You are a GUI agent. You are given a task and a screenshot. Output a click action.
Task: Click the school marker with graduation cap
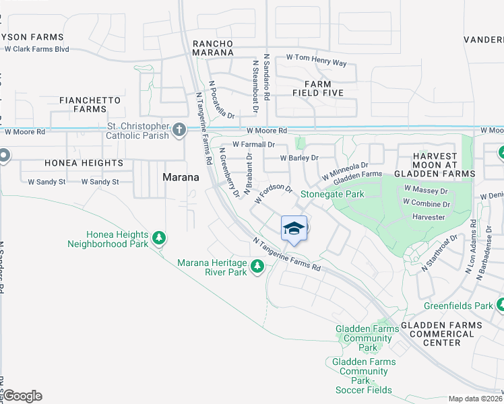click(294, 228)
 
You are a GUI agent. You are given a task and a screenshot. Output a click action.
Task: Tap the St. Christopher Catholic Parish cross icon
click(179, 129)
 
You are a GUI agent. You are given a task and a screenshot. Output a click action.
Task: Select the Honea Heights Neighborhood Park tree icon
click(158, 237)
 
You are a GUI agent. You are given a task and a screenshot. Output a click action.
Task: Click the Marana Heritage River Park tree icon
click(257, 267)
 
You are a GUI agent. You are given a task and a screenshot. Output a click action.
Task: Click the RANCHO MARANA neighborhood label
click(213, 48)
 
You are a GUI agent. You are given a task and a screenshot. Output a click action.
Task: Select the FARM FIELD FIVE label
click(318, 88)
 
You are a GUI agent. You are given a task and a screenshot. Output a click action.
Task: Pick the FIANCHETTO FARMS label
click(90, 104)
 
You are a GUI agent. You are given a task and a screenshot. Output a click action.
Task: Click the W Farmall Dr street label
click(253, 144)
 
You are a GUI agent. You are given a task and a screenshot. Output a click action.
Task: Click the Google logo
click(22, 396)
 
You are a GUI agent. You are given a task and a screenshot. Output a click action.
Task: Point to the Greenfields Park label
click(458, 306)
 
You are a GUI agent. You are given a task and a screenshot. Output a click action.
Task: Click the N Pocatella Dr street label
click(221, 100)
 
